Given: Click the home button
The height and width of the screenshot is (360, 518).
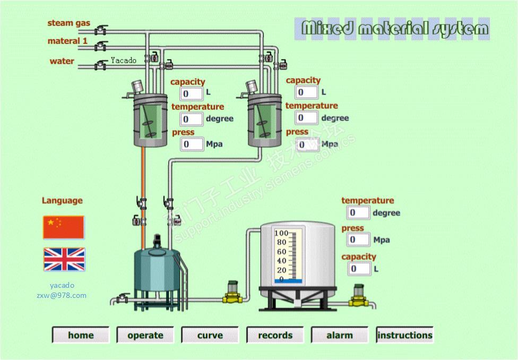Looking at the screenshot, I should pyautogui.click(x=81, y=335).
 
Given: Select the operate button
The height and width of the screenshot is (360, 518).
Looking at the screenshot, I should pyautogui.click(x=145, y=335).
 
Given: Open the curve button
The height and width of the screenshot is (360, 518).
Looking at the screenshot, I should pyautogui.click(x=210, y=335).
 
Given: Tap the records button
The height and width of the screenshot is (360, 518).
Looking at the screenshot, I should pyautogui.click(x=275, y=335).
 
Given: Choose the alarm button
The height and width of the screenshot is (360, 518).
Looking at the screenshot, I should pyautogui.click(x=340, y=335).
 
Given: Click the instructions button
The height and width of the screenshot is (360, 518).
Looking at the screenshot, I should pyautogui.click(x=404, y=335).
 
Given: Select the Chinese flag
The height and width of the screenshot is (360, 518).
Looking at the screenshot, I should pyautogui.click(x=64, y=227).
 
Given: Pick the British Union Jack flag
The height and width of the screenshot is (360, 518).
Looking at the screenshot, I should pyautogui.click(x=64, y=260).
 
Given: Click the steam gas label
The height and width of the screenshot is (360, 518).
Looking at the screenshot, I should pyautogui.click(x=68, y=23).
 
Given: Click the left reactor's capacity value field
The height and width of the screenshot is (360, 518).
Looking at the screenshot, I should pyautogui.click(x=192, y=94).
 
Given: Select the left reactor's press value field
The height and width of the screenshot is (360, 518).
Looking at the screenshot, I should pyautogui.click(x=192, y=144).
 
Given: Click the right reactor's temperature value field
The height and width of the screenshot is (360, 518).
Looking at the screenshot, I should pyautogui.click(x=306, y=118).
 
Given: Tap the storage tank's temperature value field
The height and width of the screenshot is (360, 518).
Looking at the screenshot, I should pyautogui.click(x=358, y=213).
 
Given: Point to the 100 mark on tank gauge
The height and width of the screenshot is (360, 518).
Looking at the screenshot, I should pyautogui.click(x=281, y=234).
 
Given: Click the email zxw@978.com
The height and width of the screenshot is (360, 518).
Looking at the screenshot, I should pyautogui.click(x=62, y=295).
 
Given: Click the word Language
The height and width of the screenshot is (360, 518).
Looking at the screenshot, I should pyautogui.click(x=62, y=201).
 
